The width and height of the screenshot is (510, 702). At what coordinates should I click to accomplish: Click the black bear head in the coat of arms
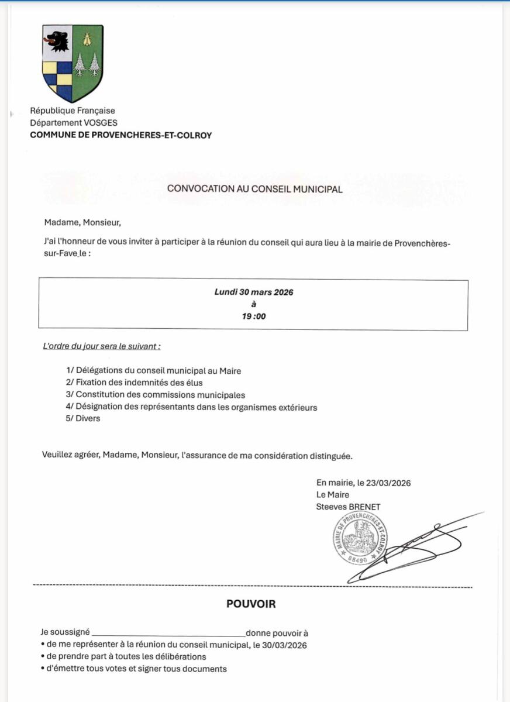click(x=57, y=41)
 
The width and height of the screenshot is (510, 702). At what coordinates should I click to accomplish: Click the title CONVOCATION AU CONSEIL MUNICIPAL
click(x=255, y=189)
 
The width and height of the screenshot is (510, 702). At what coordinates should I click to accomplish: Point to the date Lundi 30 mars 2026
click(x=254, y=292)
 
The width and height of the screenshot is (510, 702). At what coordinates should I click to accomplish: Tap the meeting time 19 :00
click(x=254, y=316)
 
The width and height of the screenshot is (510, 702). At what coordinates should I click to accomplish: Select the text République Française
click(x=73, y=111)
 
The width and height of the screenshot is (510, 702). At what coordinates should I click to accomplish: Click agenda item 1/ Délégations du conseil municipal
click(x=154, y=371)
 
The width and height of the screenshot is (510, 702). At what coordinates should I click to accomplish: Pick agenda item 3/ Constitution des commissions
click(x=156, y=395)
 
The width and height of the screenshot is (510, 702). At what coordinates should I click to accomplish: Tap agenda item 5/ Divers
click(x=84, y=419)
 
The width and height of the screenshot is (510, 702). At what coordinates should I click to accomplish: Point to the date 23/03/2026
click(x=388, y=483)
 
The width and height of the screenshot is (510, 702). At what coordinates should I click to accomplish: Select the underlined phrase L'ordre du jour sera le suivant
click(x=102, y=346)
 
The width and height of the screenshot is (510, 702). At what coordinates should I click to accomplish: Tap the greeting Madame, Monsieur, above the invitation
click(x=82, y=222)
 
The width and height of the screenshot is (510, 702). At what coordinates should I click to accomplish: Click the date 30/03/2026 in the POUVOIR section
click(x=286, y=645)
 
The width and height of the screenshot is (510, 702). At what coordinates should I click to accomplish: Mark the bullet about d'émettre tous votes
click(x=134, y=669)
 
